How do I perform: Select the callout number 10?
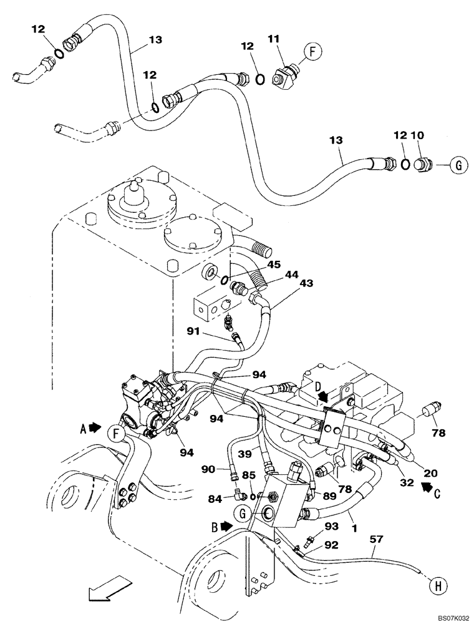(x=417, y=135)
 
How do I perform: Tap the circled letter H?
(x=437, y=585)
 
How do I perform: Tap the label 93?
(x=331, y=527)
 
